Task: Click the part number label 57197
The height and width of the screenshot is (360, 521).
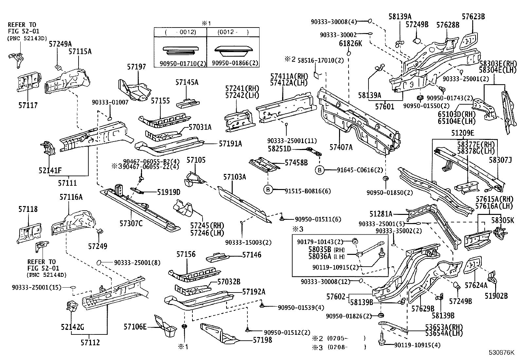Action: click(136, 67)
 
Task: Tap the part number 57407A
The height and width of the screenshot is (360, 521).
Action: click(341, 147)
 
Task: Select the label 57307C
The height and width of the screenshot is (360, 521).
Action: click(131, 223)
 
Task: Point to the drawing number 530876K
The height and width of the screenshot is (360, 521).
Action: click(501, 352)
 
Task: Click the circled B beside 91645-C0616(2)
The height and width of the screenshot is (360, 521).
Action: click(319, 170)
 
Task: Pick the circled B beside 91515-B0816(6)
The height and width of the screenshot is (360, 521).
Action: click(268, 190)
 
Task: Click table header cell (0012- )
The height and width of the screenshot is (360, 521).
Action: click(233, 32)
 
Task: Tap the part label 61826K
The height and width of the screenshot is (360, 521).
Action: click(350, 44)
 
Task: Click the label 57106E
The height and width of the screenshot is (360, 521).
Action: click(135, 327)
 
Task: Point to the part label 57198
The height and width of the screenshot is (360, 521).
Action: click(262, 340)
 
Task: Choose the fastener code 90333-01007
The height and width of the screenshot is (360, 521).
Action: click(110, 102)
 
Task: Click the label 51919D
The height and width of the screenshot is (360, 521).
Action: click(169, 192)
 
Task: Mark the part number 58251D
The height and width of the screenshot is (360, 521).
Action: click(279, 149)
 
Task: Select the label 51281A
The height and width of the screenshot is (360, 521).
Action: click(381, 214)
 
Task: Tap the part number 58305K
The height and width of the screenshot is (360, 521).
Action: click(503, 220)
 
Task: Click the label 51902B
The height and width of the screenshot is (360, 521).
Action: click(496, 296)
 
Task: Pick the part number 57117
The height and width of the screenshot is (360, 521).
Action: click(28, 105)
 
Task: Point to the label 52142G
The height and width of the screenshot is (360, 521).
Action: click(73, 327)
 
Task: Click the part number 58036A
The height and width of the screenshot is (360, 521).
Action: click(320, 256)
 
